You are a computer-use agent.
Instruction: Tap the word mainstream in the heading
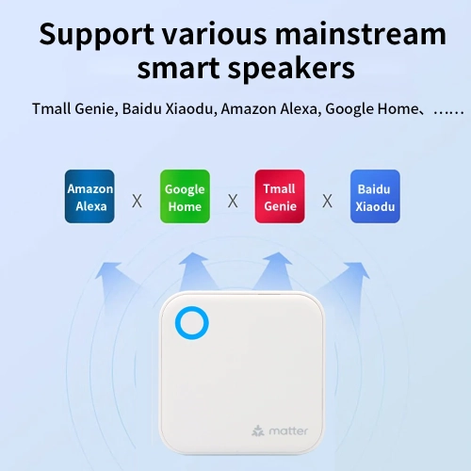pyautogui.click(x=362, y=35)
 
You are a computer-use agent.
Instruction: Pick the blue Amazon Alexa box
pyautogui.click(x=89, y=196)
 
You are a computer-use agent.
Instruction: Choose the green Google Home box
pyautogui.click(x=184, y=196)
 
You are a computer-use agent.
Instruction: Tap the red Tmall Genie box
pyautogui.click(x=280, y=196)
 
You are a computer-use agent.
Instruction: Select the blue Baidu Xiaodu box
pyautogui.click(x=375, y=196)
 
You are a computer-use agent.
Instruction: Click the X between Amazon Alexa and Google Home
pyautogui.click(x=137, y=201)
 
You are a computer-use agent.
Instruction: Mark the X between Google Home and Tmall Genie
pyautogui.click(x=232, y=201)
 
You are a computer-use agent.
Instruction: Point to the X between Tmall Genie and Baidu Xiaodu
pyautogui.click(x=327, y=201)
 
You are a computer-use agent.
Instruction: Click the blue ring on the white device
pyautogui.click(x=191, y=323)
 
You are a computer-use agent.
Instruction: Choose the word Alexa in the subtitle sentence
pyautogui.click(x=295, y=108)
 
